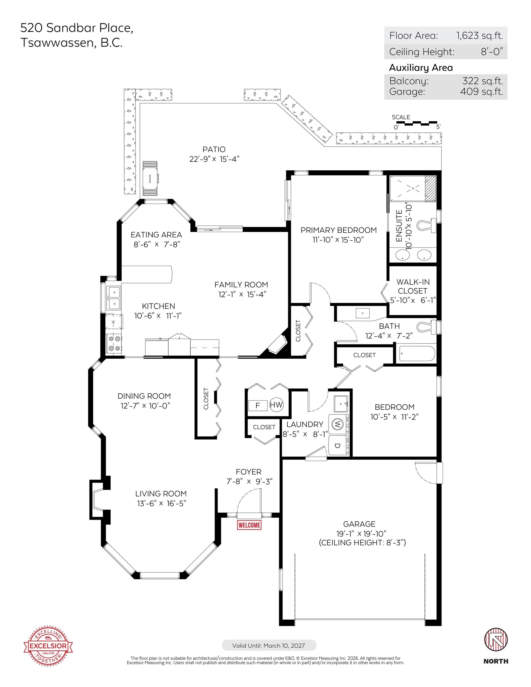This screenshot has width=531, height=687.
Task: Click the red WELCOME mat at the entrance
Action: point(249,525)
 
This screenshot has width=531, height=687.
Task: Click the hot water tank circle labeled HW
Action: point(276,405)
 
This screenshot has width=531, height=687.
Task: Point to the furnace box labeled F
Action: point(257,406)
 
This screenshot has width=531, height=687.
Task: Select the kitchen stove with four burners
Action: point(114,344)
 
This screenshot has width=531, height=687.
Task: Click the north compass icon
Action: point(496,640)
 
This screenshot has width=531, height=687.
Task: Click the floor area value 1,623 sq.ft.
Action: point(479,35)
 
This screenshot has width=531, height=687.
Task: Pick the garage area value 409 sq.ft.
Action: point(481,92)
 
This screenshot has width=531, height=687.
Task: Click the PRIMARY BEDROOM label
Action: point(338,230)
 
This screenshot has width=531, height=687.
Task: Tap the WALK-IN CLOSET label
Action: point(413,286)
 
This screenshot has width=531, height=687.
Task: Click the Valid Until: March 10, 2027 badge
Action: point(269,646)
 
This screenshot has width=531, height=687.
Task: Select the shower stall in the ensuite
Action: point(413,189)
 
